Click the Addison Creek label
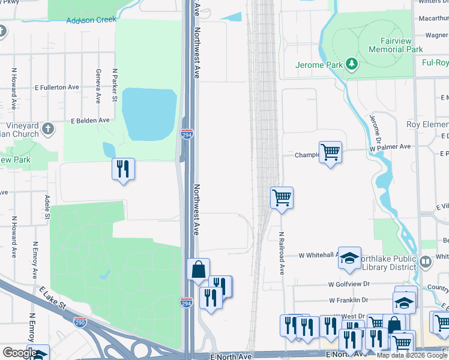91,20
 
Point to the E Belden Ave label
90,121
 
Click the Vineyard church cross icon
48,128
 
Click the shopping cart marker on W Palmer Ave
330,152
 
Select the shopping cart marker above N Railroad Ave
282,197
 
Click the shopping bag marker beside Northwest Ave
198,270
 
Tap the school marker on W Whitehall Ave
349,258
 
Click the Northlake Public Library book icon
426,261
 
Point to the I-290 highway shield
80,323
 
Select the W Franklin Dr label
348,300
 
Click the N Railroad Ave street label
281,253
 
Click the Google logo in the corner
20,353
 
